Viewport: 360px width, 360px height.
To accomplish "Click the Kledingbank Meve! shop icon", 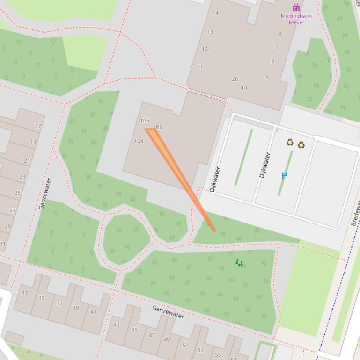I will pos(296,7).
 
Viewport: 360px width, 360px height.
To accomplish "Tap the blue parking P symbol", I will pos(284,175).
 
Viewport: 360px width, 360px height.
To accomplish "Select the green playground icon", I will pos(239,263).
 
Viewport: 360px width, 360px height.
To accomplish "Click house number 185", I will pos(157,127).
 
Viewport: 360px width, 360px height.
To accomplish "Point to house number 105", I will pos(145,121).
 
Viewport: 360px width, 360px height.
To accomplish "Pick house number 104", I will pos(139,141).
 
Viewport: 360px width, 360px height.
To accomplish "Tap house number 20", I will pos(235,79).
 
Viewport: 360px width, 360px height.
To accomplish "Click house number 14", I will pos(215,13).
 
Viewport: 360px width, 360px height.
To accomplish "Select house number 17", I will pos(38,126).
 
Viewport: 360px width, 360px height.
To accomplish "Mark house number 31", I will pos(2,244).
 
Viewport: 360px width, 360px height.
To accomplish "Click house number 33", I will pos(24,293).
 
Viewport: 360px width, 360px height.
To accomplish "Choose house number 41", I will pos(93,312).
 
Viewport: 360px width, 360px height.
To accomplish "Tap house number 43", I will pos(116,324).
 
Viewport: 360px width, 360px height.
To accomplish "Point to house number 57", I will pos(233,359).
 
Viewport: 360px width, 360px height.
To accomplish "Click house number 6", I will pos(281,34).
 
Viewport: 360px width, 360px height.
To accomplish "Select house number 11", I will pos(199,66).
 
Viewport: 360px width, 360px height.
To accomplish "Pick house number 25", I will pos(18,193).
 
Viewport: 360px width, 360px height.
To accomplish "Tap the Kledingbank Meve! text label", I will pos(292,19).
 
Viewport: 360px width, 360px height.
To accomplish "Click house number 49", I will pos(167,340).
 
